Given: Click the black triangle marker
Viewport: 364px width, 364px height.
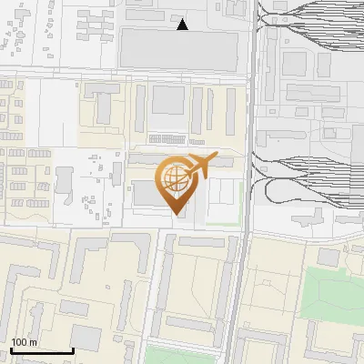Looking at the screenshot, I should pyautogui.click(x=183, y=25).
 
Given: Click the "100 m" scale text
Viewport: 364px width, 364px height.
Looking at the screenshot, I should pyautogui.click(x=24, y=343).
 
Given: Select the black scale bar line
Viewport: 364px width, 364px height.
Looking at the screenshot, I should pyautogui.click(x=42, y=350).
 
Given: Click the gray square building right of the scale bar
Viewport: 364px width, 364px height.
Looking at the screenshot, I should pyautogui.click(x=86, y=338).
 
